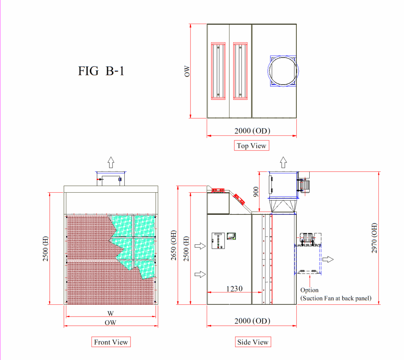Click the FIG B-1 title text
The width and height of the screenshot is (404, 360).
[101, 71]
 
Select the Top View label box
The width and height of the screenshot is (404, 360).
[251, 145]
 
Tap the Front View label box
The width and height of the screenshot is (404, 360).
[111, 342]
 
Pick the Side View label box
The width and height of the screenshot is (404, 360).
[253, 342]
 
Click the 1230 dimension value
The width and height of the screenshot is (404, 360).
[234, 289]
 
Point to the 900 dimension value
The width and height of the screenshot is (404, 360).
[256, 192]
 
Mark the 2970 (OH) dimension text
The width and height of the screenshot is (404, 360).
[374, 238]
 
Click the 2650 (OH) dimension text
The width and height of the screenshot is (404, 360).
[174, 245]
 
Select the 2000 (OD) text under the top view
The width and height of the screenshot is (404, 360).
[252, 131]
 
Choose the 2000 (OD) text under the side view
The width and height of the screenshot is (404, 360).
[252, 321]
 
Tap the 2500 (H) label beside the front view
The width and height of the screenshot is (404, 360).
[45, 249]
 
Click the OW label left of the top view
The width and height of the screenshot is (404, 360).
[187, 71]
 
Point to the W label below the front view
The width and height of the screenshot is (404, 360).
[110, 313]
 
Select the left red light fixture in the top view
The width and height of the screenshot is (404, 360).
[218, 71]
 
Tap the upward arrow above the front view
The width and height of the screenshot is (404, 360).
[111, 162]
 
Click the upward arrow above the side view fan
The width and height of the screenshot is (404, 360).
[283, 162]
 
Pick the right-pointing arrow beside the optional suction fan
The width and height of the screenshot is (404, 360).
[328, 259]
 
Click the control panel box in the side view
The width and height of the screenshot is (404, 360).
[218, 241]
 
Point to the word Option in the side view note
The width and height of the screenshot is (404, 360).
[309, 290]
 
